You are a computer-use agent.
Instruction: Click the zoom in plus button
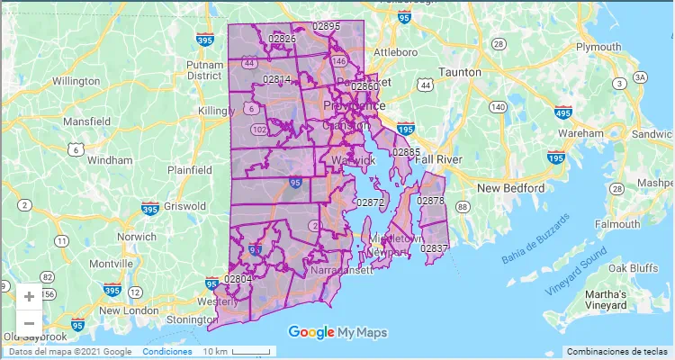point(29,296)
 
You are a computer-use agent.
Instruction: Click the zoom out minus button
point(29,323)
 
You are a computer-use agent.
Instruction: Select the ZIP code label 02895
point(326,27)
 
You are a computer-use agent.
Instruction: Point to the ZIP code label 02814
point(277,79)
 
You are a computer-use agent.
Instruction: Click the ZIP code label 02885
point(406,152)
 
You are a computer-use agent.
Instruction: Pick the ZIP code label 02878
point(431,200)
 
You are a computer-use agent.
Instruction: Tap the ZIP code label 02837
point(435,247)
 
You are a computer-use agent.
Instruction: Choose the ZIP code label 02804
point(238,279)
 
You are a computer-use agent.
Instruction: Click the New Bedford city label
point(510,188)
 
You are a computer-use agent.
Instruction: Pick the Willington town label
point(76,81)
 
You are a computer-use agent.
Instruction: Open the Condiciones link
point(166,351)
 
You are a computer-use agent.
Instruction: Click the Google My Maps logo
point(337,332)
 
